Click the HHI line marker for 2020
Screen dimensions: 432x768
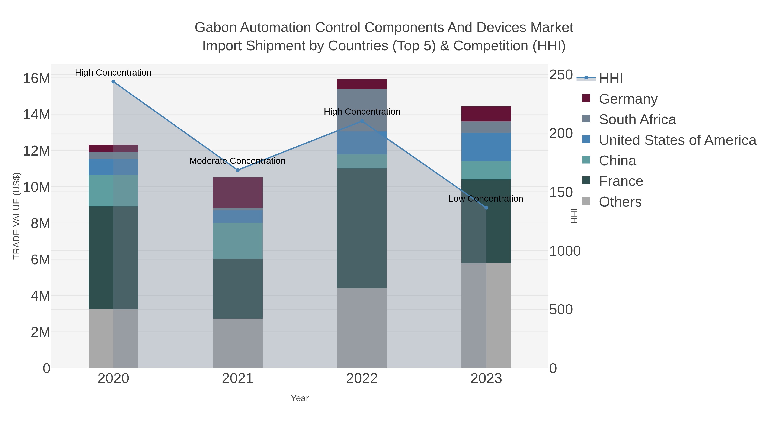tap(113, 82)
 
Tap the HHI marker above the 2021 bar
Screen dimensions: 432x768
tap(238, 170)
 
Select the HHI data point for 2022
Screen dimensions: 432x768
tap(362, 121)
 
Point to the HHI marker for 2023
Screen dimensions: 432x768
tap(486, 208)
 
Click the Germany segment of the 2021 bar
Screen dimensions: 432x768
tap(238, 193)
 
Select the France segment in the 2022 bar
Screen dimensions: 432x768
tap(362, 228)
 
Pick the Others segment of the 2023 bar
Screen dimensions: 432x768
tap(486, 316)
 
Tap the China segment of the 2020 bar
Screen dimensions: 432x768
tap(113, 191)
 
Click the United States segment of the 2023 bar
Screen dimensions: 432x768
tap(486, 147)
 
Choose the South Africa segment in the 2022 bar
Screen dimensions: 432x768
tap(362, 110)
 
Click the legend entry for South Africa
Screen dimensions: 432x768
tap(637, 119)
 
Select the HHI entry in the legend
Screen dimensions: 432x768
tap(611, 79)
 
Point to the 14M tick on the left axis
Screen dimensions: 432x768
tap(36, 115)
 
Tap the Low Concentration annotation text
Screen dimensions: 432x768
tap(486, 199)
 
